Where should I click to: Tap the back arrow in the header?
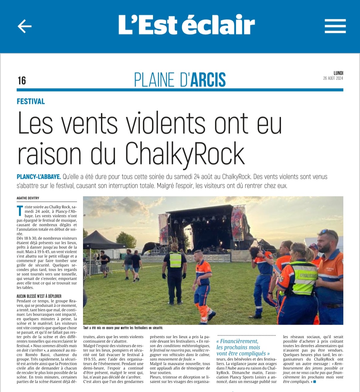click(x=24, y=26)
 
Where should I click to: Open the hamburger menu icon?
click(x=335, y=26)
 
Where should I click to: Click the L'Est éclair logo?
click(x=187, y=25)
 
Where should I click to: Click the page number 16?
click(x=22, y=81)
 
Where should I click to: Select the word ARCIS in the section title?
click(x=208, y=80)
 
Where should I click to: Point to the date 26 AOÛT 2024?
click(x=333, y=78)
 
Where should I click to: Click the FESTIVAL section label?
click(x=31, y=101)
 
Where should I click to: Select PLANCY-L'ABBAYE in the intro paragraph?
click(x=39, y=177)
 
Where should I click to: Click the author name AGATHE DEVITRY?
click(x=28, y=198)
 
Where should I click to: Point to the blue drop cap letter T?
click(x=20, y=211)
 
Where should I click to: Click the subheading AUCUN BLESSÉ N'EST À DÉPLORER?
click(x=39, y=296)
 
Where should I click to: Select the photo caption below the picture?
click(x=123, y=328)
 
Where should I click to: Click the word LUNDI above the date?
click(x=338, y=73)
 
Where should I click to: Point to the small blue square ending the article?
click(x=314, y=382)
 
